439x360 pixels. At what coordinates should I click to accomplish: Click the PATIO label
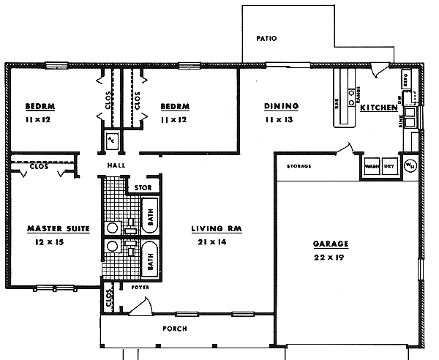[266, 39]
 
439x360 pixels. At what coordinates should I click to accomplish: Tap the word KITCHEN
[378, 108]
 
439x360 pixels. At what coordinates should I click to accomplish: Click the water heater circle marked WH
[409, 165]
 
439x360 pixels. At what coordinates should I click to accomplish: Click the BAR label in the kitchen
[338, 105]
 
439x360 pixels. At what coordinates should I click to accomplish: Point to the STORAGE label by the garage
[299, 166]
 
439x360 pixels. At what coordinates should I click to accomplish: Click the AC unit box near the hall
[111, 140]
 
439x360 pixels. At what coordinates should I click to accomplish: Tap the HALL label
[116, 166]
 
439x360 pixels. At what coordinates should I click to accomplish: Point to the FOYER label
[139, 287]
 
